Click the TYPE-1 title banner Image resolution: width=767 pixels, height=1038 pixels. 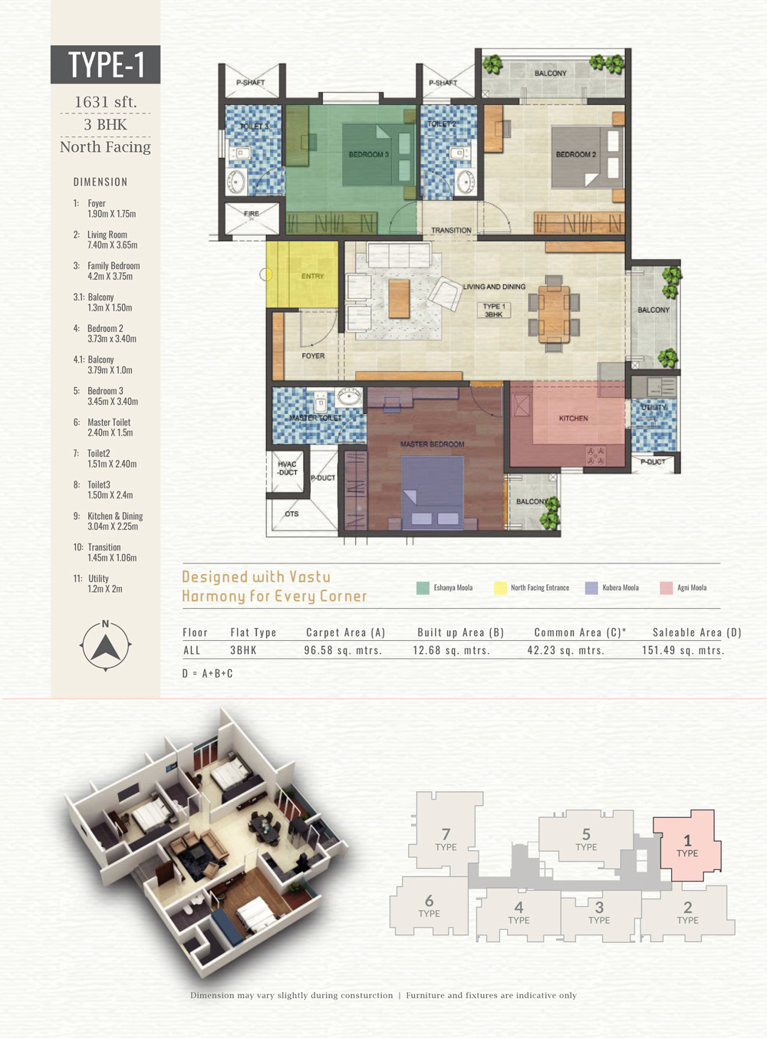105,64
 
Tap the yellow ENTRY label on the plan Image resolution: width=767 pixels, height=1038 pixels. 312,276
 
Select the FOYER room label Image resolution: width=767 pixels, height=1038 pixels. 313,356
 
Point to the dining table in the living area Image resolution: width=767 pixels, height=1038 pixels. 554,314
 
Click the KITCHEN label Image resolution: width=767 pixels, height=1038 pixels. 573,419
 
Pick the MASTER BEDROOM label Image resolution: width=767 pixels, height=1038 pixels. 432,444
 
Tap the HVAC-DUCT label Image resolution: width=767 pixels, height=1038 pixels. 287,468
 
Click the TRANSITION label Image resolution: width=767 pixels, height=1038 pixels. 452,230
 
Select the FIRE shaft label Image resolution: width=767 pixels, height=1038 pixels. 252,213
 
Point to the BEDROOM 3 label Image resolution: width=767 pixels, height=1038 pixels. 368,154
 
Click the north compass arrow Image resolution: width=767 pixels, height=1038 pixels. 105,647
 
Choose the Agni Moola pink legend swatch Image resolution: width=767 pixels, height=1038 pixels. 666,588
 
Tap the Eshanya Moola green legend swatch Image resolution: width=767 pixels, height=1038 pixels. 423,588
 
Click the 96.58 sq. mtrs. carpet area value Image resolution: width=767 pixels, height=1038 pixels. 343,650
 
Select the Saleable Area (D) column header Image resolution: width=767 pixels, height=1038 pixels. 696,632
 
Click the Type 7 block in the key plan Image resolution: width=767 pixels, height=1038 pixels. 446,833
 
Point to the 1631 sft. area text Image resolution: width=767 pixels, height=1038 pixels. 105,102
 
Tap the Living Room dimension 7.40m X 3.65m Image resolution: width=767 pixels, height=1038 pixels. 113,245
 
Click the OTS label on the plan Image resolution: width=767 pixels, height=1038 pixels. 291,514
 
